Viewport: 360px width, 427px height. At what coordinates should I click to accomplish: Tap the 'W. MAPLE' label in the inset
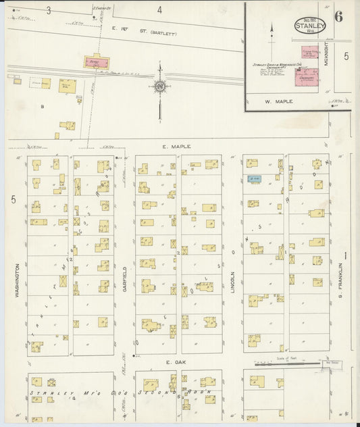[277, 103]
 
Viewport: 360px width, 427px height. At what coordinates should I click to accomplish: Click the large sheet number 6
[338, 17]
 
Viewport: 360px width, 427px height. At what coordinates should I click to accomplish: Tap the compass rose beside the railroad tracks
[159, 86]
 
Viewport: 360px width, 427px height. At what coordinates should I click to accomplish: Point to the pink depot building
[96, 62]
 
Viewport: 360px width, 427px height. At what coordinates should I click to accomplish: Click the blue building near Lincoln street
[254, 179]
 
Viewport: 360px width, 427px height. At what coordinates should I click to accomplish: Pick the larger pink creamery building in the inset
[308, 78]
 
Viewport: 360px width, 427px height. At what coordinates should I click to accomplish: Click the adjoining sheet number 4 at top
[159, 10]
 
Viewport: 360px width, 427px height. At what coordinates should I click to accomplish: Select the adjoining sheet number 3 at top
[48, 10]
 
